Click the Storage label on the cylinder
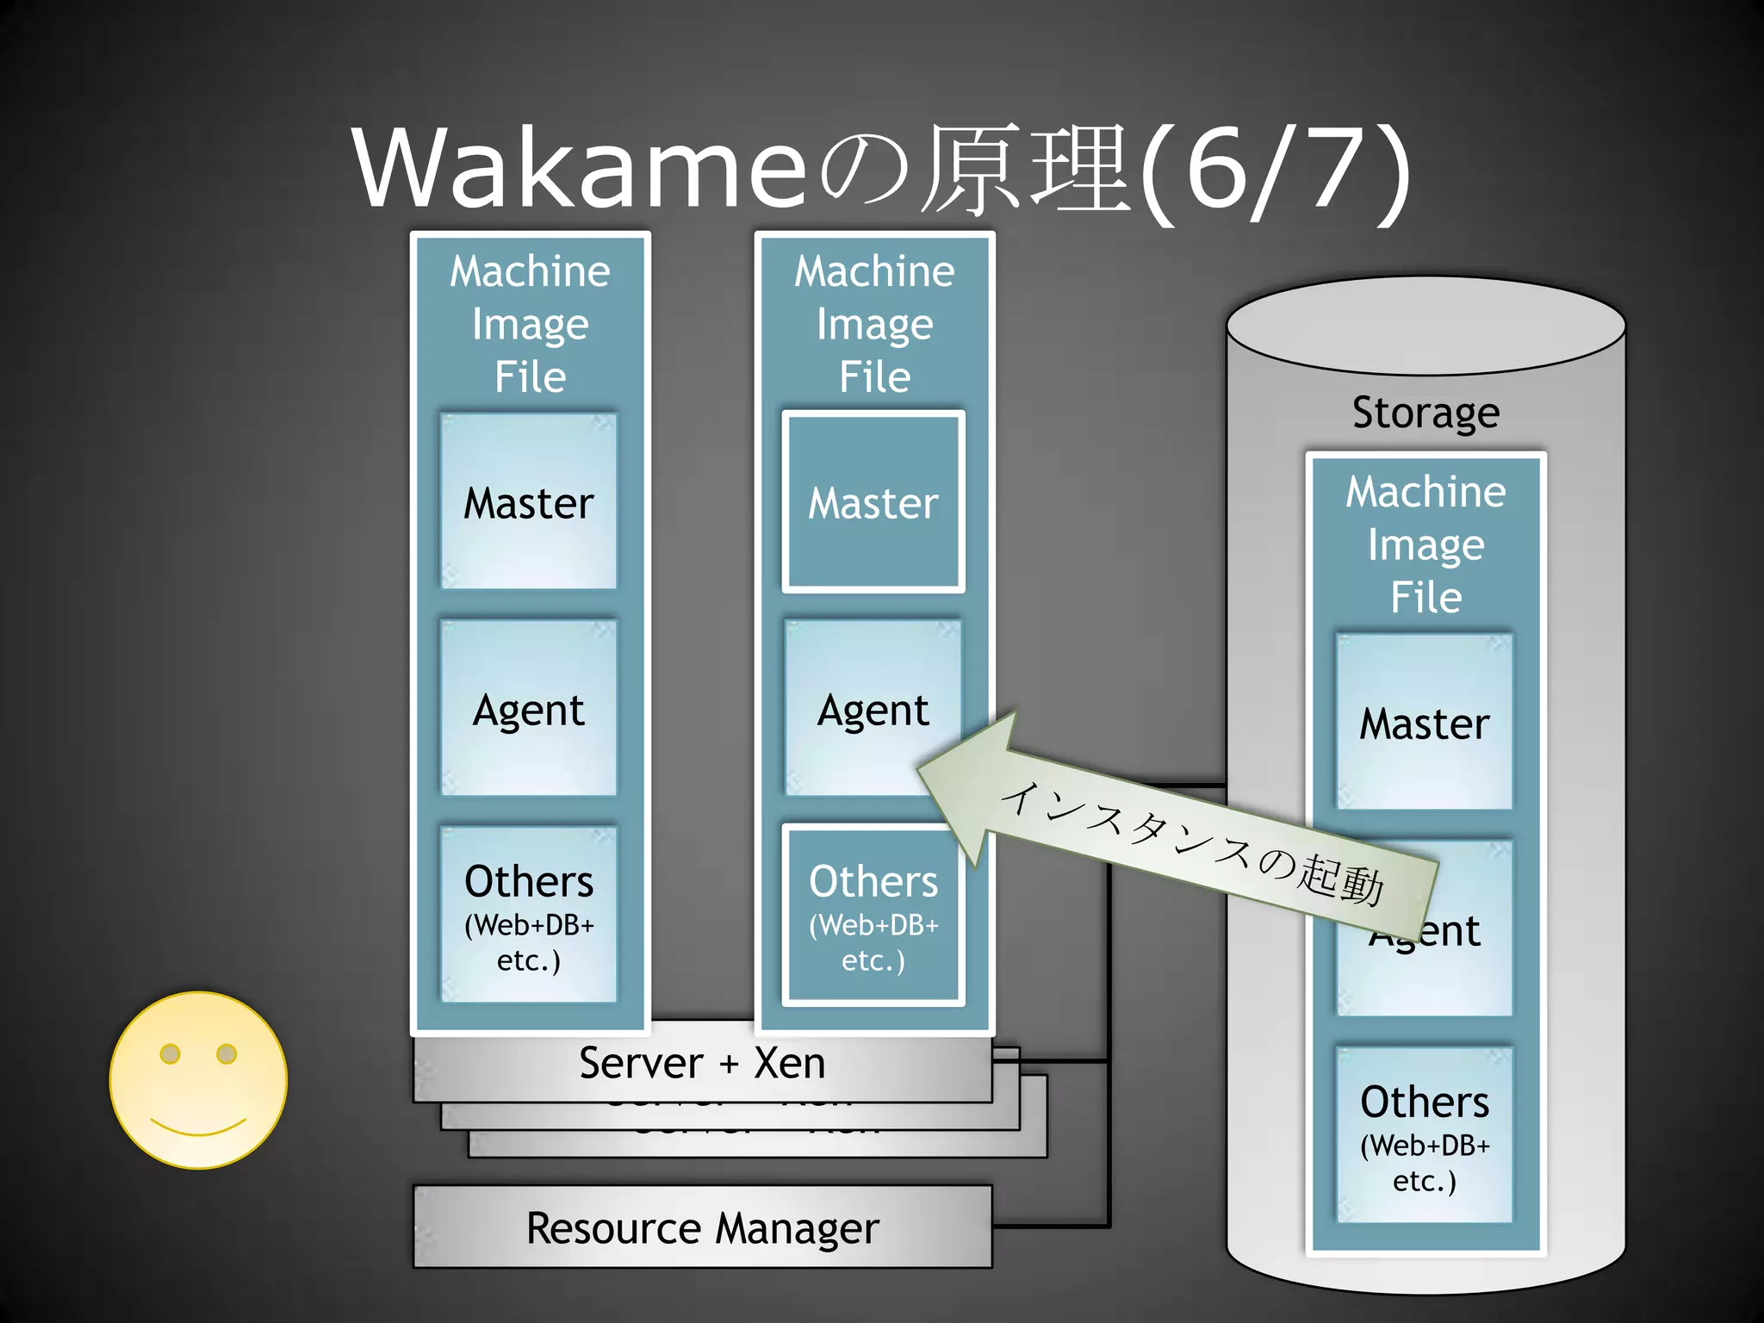coord(1425,413)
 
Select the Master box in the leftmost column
coord(529,502)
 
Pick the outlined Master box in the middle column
coord(873,502)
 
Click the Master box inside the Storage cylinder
coord(1425,722)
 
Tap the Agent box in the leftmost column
coord(529,709)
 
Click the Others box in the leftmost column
coord(529,915)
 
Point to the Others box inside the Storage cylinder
coord(1425,1135)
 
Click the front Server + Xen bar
coord(702,1063)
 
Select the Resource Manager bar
coord(702,1227)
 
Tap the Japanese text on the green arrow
coord(1193,844)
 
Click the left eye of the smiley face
coord(171,1053)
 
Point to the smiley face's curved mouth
coord(198,1127)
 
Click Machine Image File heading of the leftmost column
coord(530,324)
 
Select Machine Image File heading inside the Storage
coord(1425,544)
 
